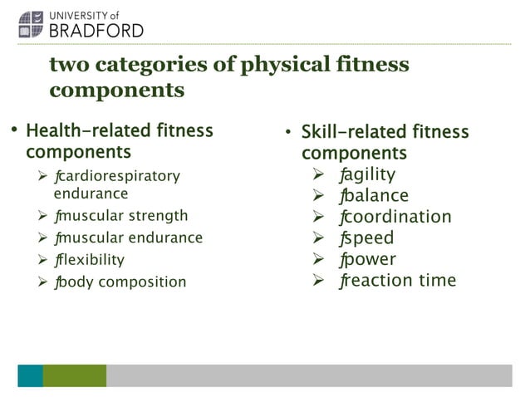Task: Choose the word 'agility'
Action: click(x=370, y=174)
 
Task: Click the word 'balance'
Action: click(x=376, y=196)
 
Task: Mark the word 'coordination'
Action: click(x=397, y=217)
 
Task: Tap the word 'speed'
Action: click(x=369, y=238)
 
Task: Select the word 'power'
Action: click(x=370, y=259)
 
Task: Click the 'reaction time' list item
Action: click(x=400, y=280)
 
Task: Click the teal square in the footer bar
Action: click(x=30, y=375)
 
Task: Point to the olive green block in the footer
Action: click(x=75, y=375)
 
